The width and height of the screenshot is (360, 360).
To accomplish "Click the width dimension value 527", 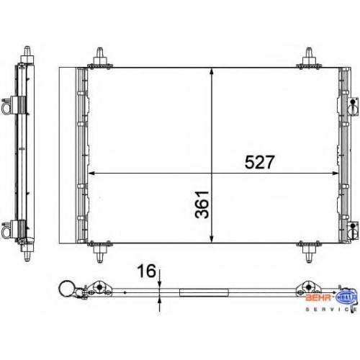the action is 259,162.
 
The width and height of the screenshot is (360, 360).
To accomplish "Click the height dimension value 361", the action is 202,204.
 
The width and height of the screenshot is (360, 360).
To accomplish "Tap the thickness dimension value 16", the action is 146,271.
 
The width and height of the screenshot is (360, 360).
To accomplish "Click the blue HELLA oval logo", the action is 346,297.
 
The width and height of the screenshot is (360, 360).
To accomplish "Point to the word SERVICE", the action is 331,310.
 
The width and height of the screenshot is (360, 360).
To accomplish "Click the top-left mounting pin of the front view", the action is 100,58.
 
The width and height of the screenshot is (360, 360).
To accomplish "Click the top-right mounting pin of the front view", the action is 309,58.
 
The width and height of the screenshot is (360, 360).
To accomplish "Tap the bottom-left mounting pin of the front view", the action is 100,252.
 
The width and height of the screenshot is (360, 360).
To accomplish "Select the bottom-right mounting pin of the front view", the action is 309,252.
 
